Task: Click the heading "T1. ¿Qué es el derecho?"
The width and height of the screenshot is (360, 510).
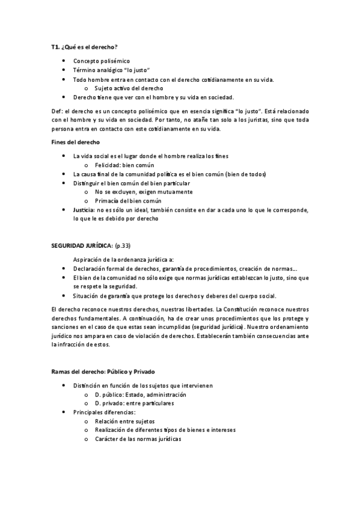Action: (84, 47)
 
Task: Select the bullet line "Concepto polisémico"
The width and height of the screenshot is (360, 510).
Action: (101, 61)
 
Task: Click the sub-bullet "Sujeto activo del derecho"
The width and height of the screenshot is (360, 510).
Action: (129, 88)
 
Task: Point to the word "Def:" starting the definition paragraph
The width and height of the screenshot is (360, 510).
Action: (58, 111)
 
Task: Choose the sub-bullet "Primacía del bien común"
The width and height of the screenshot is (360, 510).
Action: (128, 201)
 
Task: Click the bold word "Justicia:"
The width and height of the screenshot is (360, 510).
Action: (84, 210)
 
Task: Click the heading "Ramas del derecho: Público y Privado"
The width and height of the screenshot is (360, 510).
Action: (103, 372)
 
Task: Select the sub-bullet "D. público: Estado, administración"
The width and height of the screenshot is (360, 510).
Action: (140, 395)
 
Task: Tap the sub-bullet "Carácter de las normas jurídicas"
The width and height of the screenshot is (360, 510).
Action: (138, 439)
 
